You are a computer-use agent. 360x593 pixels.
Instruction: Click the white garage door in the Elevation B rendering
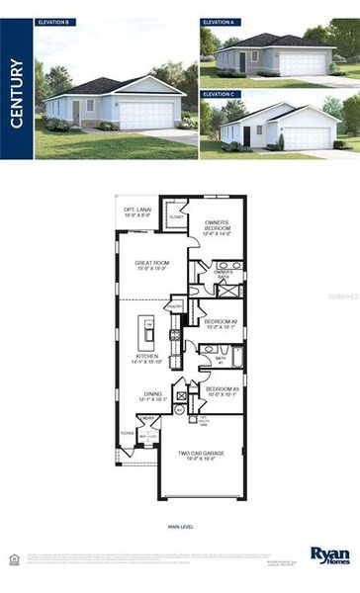(x=146, y=116)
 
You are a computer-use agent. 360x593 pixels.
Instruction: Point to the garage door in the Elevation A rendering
(x=303, y=63)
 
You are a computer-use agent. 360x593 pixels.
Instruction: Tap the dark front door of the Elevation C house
(x=246, y=135)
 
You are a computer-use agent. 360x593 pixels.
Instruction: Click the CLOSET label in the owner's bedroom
(x=176, y=215)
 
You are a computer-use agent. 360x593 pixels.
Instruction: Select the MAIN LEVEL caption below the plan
(x=179, y=528)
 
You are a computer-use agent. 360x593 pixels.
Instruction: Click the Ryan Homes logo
(x=329, y=555)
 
